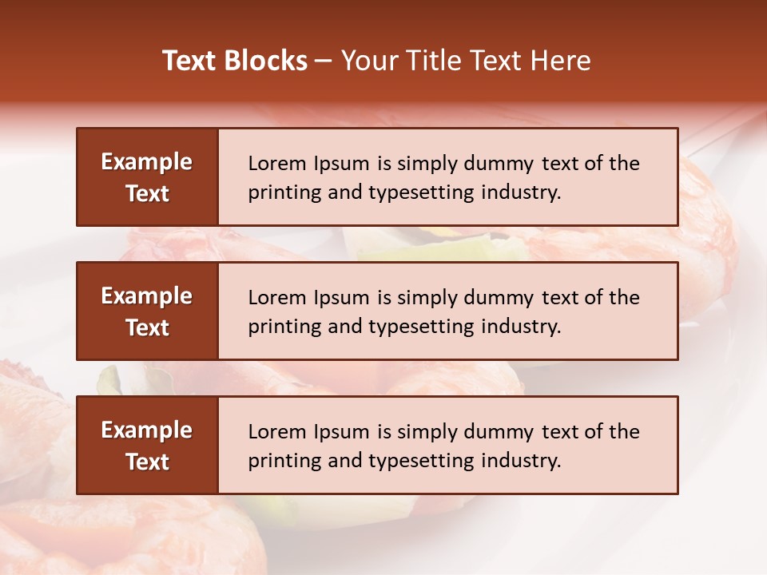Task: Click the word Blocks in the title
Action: pyautogui.click(x=266, y=61)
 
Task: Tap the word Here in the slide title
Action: pyautogui.click(x=562, y=61)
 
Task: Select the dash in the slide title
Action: pyautogui.click(x=324, y=61)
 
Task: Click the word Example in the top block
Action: pyautogui.click(x=147, y=162)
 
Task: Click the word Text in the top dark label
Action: pyautogui.click(x=147, y=193)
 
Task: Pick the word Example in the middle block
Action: pyautogui.click(x=147, y=296)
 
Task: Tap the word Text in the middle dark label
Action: pyautogui.click(x=147, y=327)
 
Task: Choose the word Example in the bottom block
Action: pyautogui.click(x=147, y=430)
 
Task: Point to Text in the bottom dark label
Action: pyautogui.click(x=147, y=462)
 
